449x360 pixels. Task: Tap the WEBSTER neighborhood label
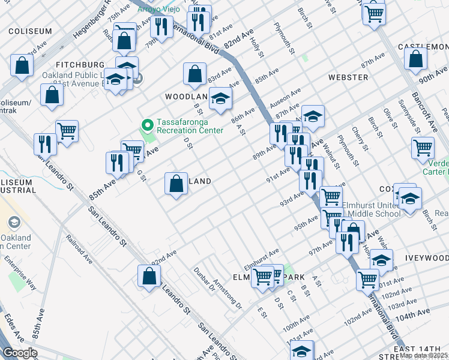[x=348, y=77]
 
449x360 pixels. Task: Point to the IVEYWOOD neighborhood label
[x=426, y=258]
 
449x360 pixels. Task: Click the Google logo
[x=20, y=353]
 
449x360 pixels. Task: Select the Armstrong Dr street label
[x=229, y=297]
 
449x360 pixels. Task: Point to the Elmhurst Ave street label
[x=262, y=257]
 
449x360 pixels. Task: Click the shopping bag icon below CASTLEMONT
[x=416, y=59]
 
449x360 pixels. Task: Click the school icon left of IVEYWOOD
[x=381, y=260]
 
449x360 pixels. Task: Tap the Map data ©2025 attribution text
[x=423, y=355]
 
